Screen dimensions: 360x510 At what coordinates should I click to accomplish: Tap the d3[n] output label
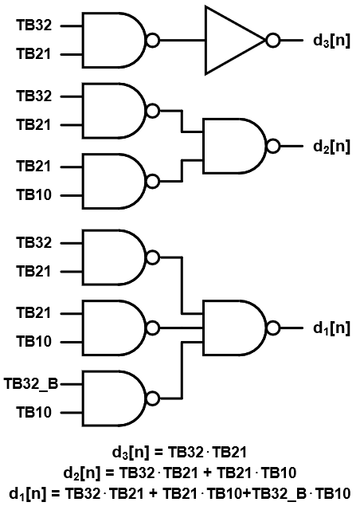(331, 41)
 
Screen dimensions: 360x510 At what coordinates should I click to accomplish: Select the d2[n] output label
(331, 147)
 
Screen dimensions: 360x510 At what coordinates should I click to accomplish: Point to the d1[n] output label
(331, 328)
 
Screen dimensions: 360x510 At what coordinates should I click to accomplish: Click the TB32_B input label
(31, 384)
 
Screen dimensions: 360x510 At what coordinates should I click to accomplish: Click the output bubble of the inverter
(273, 41)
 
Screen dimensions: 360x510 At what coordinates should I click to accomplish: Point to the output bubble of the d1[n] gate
(273, 328)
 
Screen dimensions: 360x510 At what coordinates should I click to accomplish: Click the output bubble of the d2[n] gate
(273, 147)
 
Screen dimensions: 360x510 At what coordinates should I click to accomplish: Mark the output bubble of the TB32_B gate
(153, 398)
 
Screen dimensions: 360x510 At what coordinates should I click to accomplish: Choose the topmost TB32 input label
(33, 25)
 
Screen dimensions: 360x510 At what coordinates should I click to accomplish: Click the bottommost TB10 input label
(33, 413)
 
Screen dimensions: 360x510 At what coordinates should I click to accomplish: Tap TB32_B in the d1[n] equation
(280, 494)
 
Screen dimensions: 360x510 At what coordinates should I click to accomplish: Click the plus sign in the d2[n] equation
(207, 473)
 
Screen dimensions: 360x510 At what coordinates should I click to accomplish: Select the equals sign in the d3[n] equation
(158, 452)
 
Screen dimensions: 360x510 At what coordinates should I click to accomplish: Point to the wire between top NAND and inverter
(182, 41)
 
